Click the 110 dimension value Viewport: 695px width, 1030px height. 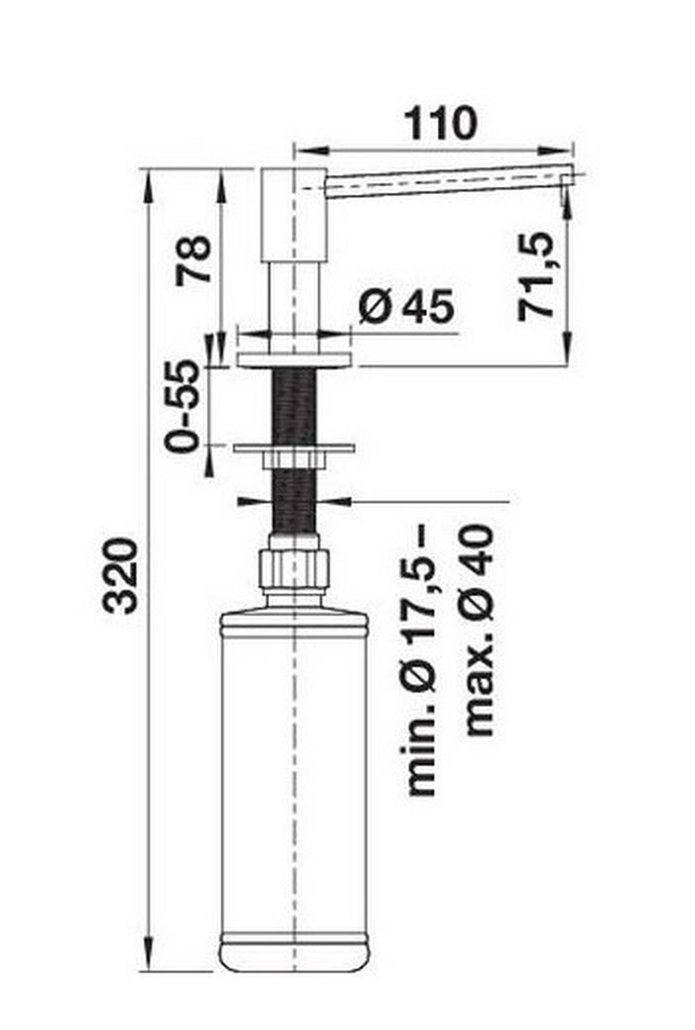pyautogui.click(x=441, y=123)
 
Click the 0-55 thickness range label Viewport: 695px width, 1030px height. pyautogui.click(x=181, y=406)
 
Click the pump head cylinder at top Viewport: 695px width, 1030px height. pyautogui.click(x=292, y=214)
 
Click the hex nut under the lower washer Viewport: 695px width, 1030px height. pyautogui.click(x=294, y=461)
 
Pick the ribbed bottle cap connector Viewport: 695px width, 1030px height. pyautogui.click(x=294, y=569)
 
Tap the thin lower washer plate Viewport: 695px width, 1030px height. pyautogui.click(x=294, y=448)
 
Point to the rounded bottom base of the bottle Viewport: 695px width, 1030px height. pyautogui.click(x=294, y=958)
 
